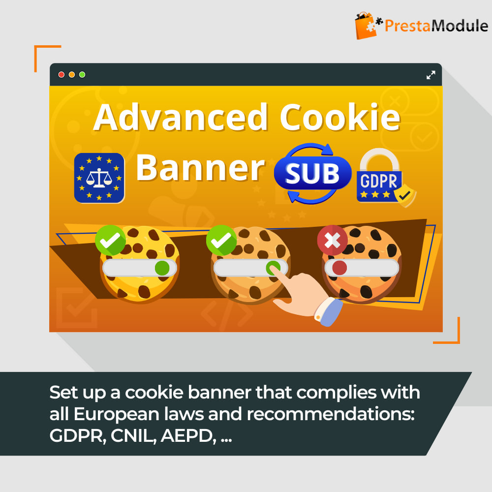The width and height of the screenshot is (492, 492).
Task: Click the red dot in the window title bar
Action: pos(61,75)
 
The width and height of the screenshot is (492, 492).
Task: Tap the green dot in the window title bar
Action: pos(82,75)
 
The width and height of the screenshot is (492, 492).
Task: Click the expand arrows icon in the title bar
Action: pos(430,75)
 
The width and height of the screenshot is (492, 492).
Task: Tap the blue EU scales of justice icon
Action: pos(99,178)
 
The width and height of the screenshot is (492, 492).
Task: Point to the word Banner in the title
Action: pos(200,168)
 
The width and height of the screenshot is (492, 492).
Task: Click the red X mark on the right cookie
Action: pos(332,241)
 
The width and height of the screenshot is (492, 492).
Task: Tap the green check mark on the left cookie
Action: pos(110,241)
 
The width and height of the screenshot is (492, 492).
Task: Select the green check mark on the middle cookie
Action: pos(221,241)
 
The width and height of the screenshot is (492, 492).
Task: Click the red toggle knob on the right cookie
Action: pos(339,268)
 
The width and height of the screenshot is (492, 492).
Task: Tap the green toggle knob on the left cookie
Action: pos(162,268)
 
